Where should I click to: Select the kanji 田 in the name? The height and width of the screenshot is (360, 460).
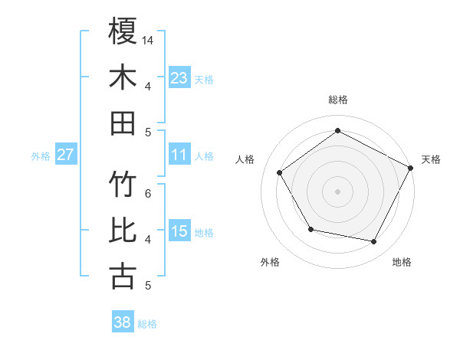tap(123, 123)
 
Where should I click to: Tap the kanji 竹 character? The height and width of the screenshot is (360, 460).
tap(123, 185)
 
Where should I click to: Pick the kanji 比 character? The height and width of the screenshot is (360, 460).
tap(123, 231)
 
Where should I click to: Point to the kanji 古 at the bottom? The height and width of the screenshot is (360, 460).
tap(123, 276)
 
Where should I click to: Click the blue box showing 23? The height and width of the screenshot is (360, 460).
tap(179, 77)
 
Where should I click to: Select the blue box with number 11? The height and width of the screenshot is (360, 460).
tap(179, 155)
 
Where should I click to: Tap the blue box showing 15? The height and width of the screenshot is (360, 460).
tap(179, 231)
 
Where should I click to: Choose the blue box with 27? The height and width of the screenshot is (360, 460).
tap(65, 155)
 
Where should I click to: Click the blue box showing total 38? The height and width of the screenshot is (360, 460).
tap(122, 322)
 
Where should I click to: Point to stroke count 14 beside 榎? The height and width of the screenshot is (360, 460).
tap(149, 40)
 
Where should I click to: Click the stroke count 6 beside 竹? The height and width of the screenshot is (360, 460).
tap(148, 193)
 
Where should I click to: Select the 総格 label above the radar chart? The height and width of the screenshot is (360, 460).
tap(337, 100)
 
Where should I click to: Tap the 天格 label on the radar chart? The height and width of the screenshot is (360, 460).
tap(431, 159)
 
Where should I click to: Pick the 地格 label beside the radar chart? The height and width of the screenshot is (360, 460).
tap(402, 262)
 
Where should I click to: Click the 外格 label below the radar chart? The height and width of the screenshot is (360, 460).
tap(270, 262)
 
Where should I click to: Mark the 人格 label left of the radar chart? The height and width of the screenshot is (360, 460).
tap(245, 159)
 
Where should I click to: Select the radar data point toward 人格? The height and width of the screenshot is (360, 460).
tap(279, 172)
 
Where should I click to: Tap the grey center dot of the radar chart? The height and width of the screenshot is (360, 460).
tap(337, 191)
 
